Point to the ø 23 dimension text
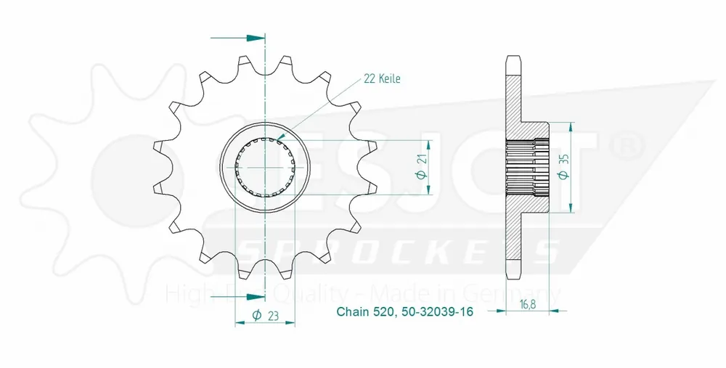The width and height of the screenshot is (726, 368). (265, 314)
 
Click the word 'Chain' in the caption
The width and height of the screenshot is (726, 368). (352, 314)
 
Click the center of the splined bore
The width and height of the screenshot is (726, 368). (266, 168)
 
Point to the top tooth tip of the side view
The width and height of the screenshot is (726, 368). (514, 57)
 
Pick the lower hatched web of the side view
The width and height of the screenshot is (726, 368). (514, 232)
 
